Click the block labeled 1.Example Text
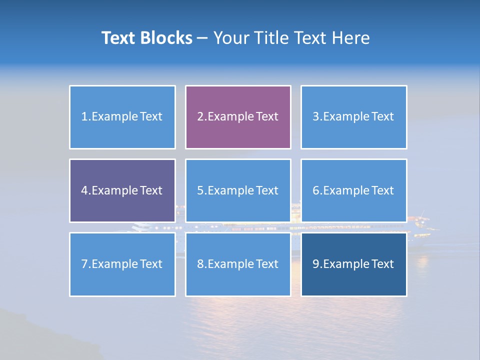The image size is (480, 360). pyautogui.click(x=122, y=117)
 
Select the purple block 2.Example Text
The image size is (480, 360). pyautogui.click(x=238, y=117)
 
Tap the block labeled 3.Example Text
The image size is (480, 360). pyautogui.click(x=353, y=117)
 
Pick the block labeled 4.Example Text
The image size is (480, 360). pyautogui.click(x=122, y=190)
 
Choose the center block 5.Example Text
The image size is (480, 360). pyautogui.click(x=238, y=190)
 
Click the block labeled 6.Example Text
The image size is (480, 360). pyautogui.click(x=353, y=190)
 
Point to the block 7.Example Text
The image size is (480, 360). pyautogui.click(x=122, y=264)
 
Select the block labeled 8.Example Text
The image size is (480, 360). pyautogui.click(x=238, y=264)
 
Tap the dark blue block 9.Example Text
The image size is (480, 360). pyautogui.click(x=353, y=264)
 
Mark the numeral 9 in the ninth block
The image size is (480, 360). pyautogui.click(x=316, y=264)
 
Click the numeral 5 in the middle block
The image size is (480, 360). pyautogui.click(x=200, y=190)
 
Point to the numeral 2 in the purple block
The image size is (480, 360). pyautogui.click(x=200, y=117)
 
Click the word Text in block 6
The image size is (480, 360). pyautogui.click(x=382, y=190)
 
